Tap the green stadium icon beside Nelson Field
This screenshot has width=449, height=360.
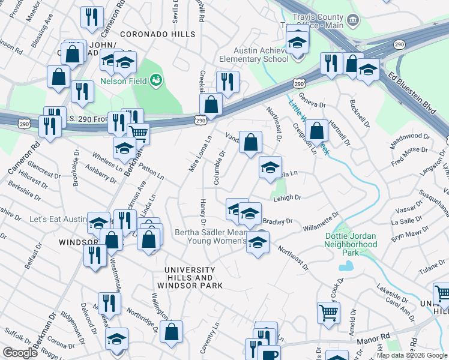click(x=155, y=79)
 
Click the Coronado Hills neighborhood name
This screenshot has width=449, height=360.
click(x=149, y=35)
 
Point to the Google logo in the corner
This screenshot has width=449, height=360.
click(x=20, y=353)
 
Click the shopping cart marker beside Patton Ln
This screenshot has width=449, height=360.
click(x=138, y=133)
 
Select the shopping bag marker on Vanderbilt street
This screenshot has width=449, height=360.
click(x=251, y=143)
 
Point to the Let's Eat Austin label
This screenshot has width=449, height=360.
click(x=58, y=219)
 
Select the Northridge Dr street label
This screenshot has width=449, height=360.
click(x=141, y=321)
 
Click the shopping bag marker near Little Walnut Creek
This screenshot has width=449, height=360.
click(x=316, y=130)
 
